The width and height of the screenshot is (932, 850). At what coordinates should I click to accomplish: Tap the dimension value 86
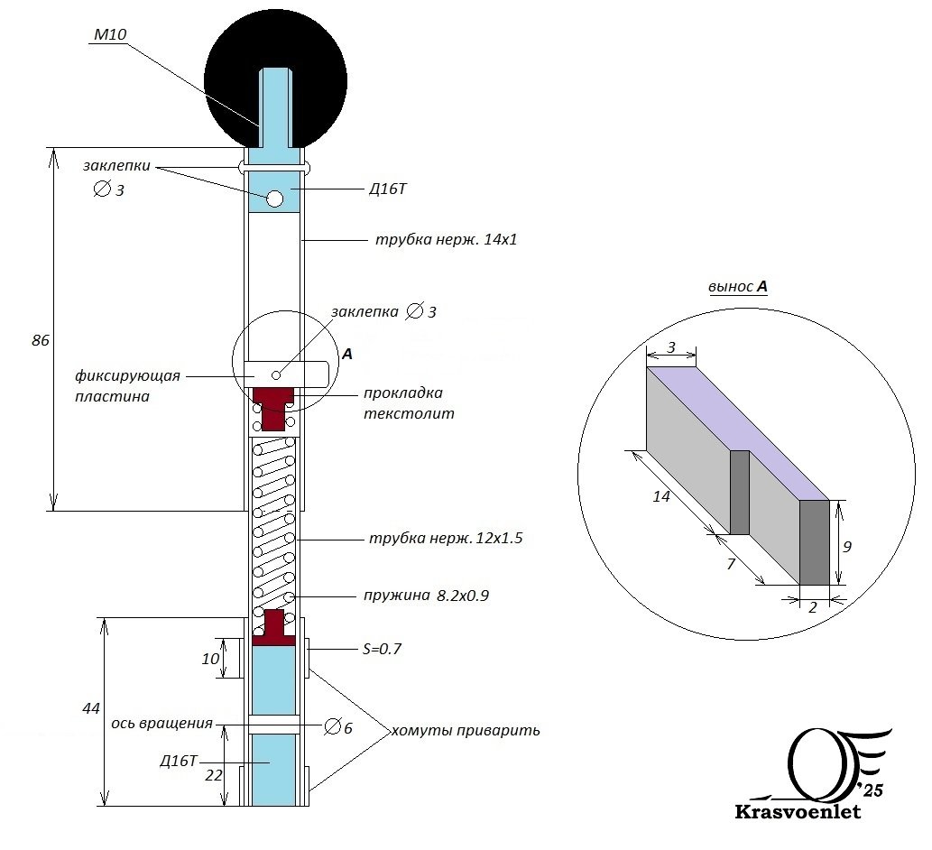(39, 341)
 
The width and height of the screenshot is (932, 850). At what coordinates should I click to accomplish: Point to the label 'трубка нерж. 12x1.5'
(446, 539)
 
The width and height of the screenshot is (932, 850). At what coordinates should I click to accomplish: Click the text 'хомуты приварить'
(465, 730)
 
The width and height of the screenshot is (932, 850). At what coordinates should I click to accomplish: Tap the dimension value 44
(90, 709)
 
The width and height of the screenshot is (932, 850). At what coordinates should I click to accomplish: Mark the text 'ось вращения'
(162, 723)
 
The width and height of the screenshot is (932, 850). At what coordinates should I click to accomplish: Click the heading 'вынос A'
(738, 287)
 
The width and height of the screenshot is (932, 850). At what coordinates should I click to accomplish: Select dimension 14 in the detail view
(661, 496)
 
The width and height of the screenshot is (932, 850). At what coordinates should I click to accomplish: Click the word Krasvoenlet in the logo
(798, 812)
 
